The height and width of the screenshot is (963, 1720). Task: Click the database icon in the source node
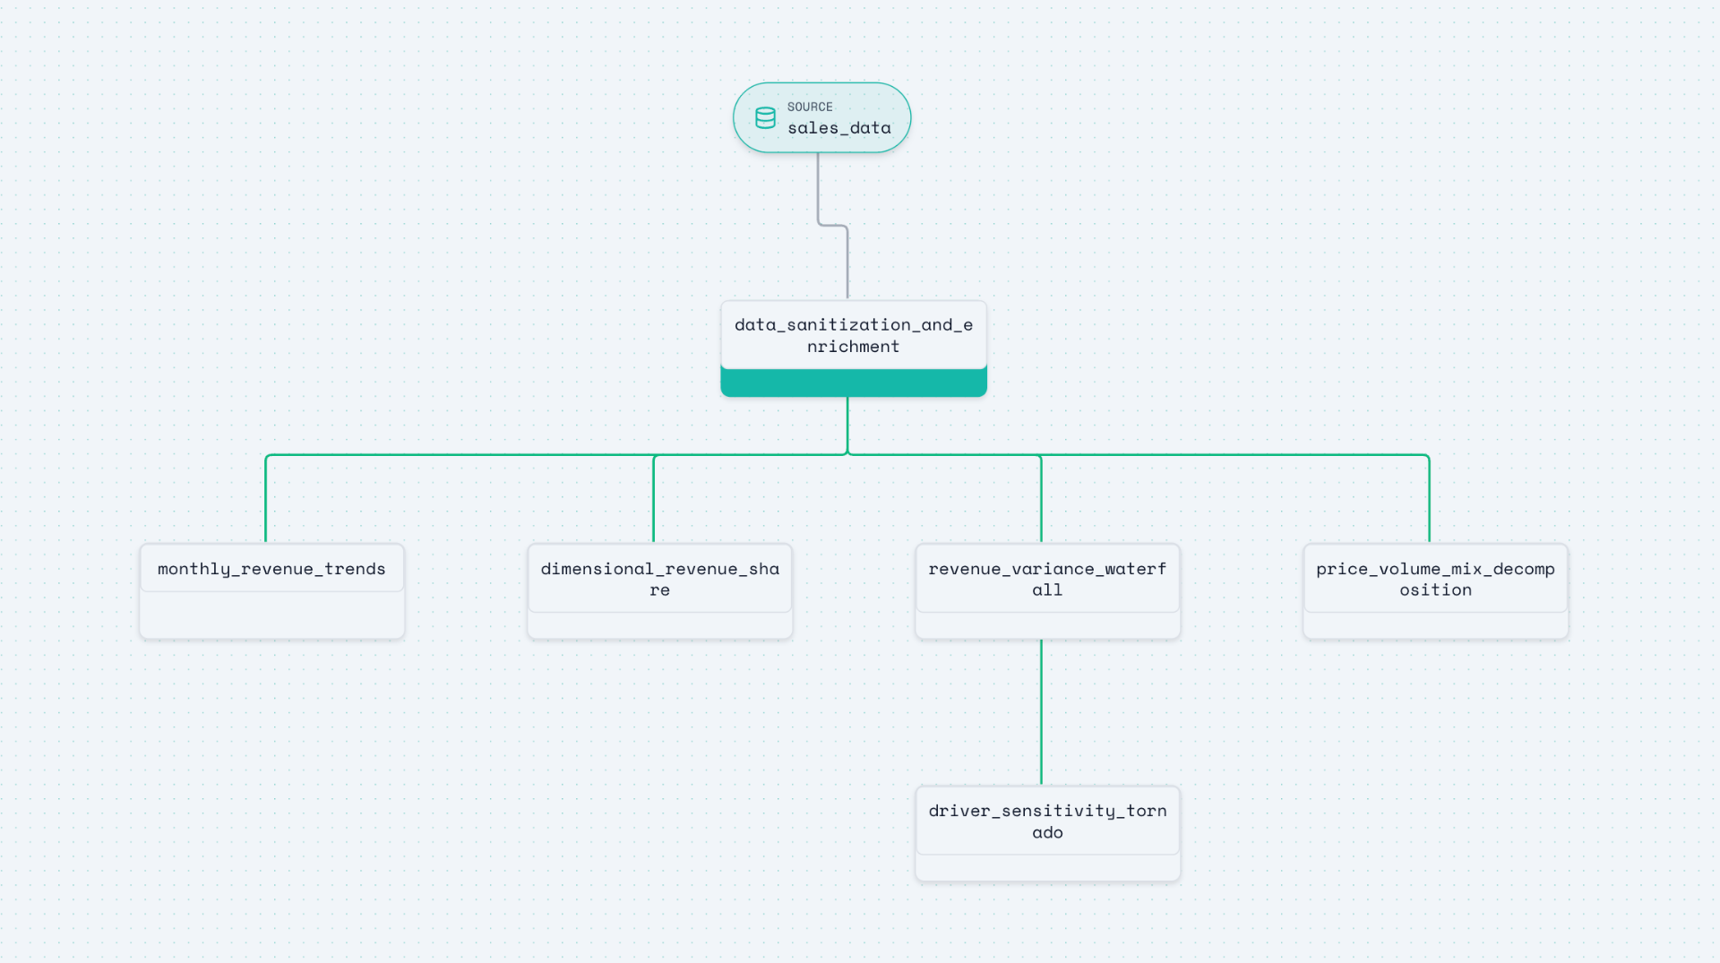coord(765,118)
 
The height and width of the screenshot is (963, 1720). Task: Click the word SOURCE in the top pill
coord(810,107)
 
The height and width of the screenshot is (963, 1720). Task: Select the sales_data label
coord(838,128)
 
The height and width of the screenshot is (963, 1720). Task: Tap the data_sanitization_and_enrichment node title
coord(853,335)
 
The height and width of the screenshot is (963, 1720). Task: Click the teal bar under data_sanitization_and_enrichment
coord(853,383)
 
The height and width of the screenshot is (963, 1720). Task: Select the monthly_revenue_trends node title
coord(271,569)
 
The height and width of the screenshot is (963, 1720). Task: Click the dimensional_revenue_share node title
coord(659,579)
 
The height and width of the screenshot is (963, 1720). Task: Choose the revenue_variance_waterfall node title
coord(1046,579)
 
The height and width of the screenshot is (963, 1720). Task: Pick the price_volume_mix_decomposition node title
coord(1434,579)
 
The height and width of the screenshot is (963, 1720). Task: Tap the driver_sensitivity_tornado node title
coord(1046,821)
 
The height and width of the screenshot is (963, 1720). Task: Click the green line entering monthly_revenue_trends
coord(266,502)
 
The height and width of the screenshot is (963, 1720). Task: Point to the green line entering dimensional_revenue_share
coord(654,502)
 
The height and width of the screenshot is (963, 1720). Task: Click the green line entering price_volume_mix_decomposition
coord(1429,502)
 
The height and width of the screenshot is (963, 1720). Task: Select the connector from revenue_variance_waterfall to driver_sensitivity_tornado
coord(1041,712)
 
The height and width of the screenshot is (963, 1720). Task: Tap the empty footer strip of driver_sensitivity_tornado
coord(1046,867)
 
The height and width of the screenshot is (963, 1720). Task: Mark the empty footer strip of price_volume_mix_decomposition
coord(1434,625)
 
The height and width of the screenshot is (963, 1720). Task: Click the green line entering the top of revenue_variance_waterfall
coord(1041,502)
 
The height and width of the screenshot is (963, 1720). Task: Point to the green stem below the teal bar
coord(847,426)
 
